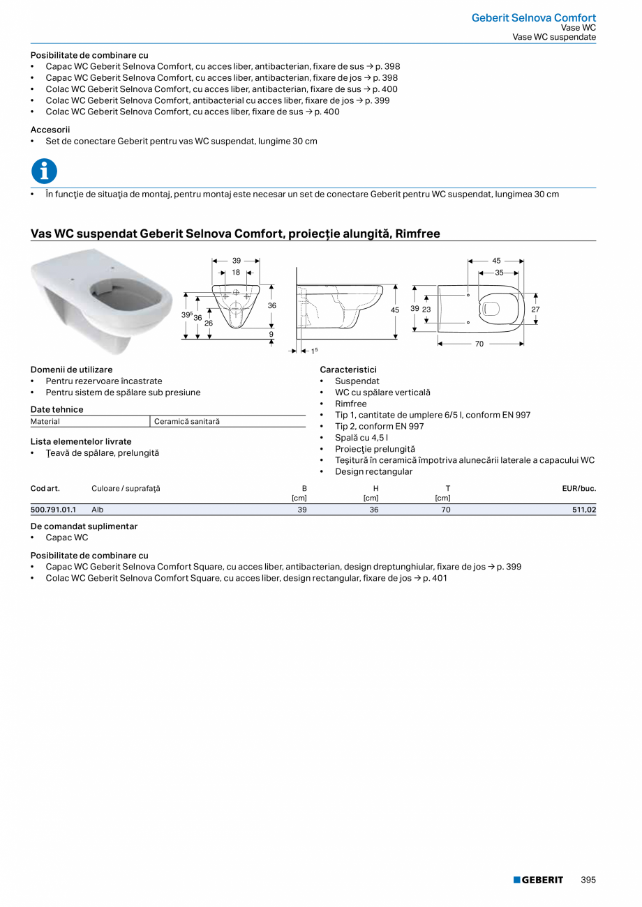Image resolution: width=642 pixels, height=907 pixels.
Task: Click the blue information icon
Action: click(44, 171)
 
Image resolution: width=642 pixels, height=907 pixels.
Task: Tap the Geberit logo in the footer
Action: click(538, 880)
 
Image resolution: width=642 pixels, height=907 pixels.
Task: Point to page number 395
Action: click(588, 880)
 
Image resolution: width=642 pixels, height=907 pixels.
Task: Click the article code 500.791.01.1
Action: click(53, 510)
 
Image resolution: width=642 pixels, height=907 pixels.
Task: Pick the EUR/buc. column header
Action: click(578, 488)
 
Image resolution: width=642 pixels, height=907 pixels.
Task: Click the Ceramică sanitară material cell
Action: click(186, 421)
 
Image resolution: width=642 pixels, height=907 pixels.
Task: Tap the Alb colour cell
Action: click(98, 510)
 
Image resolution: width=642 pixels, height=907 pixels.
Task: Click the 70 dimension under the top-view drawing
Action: click(479, 344)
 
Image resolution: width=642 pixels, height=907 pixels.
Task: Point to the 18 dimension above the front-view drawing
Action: click(236, 273)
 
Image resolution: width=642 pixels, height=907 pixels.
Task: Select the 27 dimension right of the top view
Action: click(535, 309)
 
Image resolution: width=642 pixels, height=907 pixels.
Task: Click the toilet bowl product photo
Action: click(102, 296)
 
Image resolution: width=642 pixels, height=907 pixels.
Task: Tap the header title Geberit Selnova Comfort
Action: click(533, 17)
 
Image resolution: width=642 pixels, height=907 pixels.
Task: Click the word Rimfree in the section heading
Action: click(417, 234)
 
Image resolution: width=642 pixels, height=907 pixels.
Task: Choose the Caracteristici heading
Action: click(348, 369)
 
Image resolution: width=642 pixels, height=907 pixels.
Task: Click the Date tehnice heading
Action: click(57, 409)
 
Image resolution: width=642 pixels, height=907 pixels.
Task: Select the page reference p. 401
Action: click(435, 578)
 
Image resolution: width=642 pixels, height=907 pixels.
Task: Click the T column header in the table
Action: click(447, 488)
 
